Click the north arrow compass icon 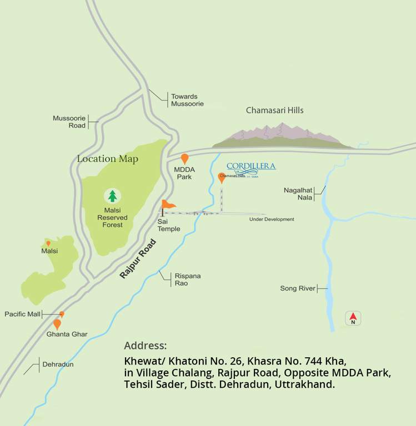[353, 318]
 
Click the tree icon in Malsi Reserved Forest [113, 196]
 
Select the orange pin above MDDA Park [184, 159]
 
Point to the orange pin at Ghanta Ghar [57, 324]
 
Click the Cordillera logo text [251, 166]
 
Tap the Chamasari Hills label [275, 110]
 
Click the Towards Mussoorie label [187, 100]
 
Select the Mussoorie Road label [69, 121]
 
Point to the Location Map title [108, 159]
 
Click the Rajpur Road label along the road [138, 258]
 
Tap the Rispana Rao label [188, 280]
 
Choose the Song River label [298, 288]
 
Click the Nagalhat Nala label [298, 194]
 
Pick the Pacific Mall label [23, 314]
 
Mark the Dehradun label [58, 364]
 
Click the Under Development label [272, 219]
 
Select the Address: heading [146, 346]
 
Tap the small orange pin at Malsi [48, 243]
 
